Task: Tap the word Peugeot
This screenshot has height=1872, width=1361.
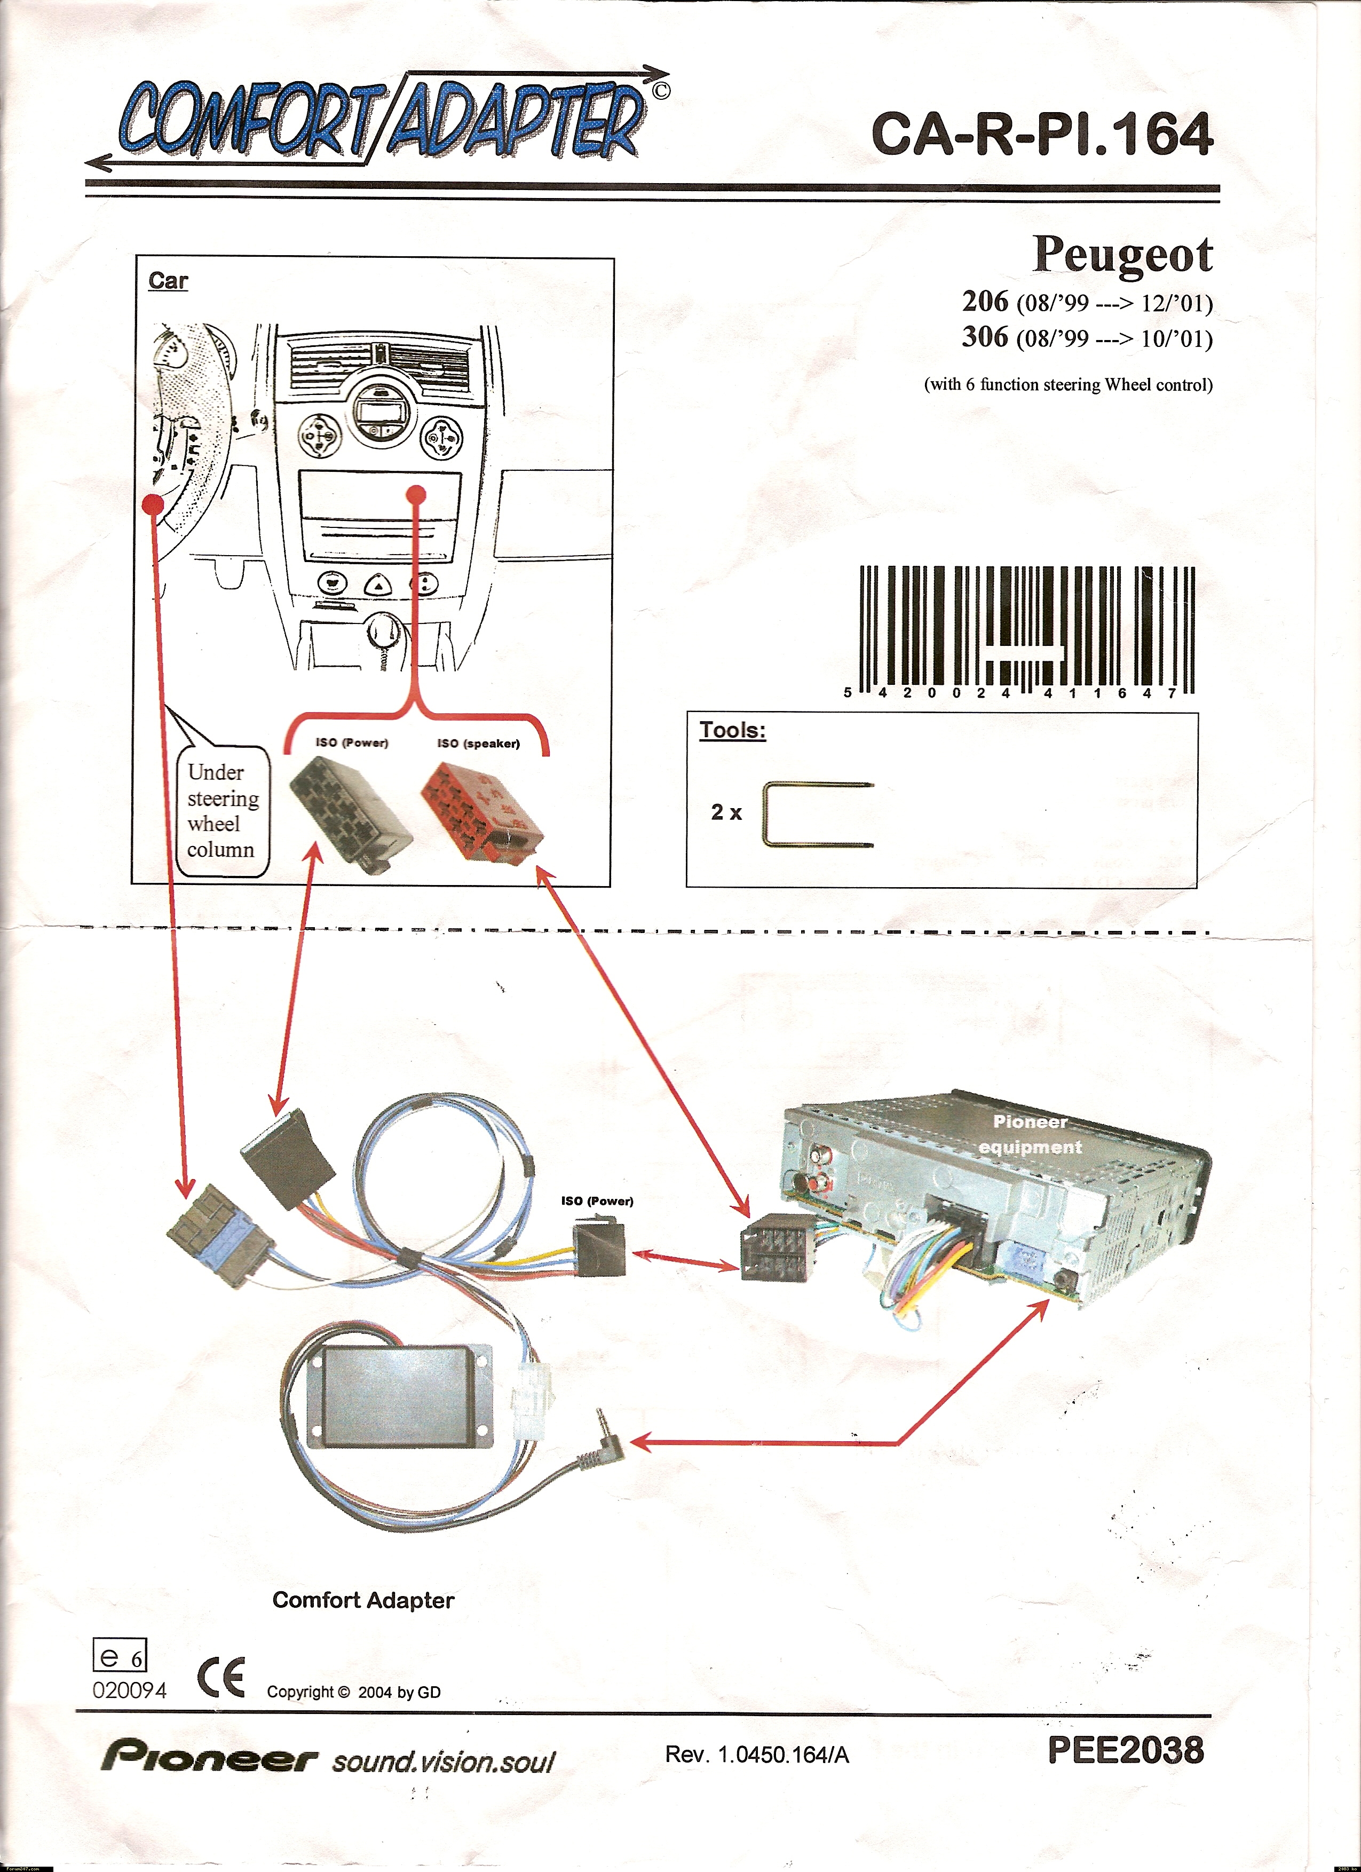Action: [1122, 254]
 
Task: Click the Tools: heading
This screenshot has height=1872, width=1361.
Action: [732, 730]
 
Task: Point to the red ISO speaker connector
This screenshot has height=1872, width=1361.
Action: [482, 811]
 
